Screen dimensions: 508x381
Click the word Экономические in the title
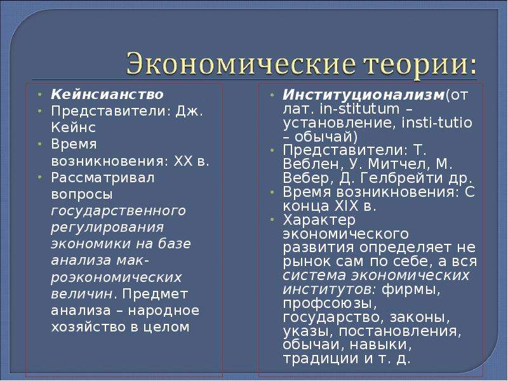click(x=239, y=63)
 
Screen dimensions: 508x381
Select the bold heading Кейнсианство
click(x=107, y=94)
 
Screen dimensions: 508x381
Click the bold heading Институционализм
click(x=363, y=95)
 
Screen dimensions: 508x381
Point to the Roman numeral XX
click(x=184, y=161)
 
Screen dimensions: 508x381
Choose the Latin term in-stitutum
click(x=359, y=109)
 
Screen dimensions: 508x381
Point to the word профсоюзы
click(x=330, y=304)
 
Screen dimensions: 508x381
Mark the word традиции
click(x=321, y=359)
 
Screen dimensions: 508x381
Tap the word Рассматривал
click(x=103, y=178)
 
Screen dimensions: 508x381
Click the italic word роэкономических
click(x=116, y=277)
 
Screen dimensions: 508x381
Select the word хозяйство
click(x=88, y=327)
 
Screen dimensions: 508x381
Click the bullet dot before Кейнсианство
click(x=39, y=95)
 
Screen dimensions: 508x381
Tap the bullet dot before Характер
click(x=272, y=220)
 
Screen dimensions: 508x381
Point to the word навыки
click(x=380, y=345)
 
